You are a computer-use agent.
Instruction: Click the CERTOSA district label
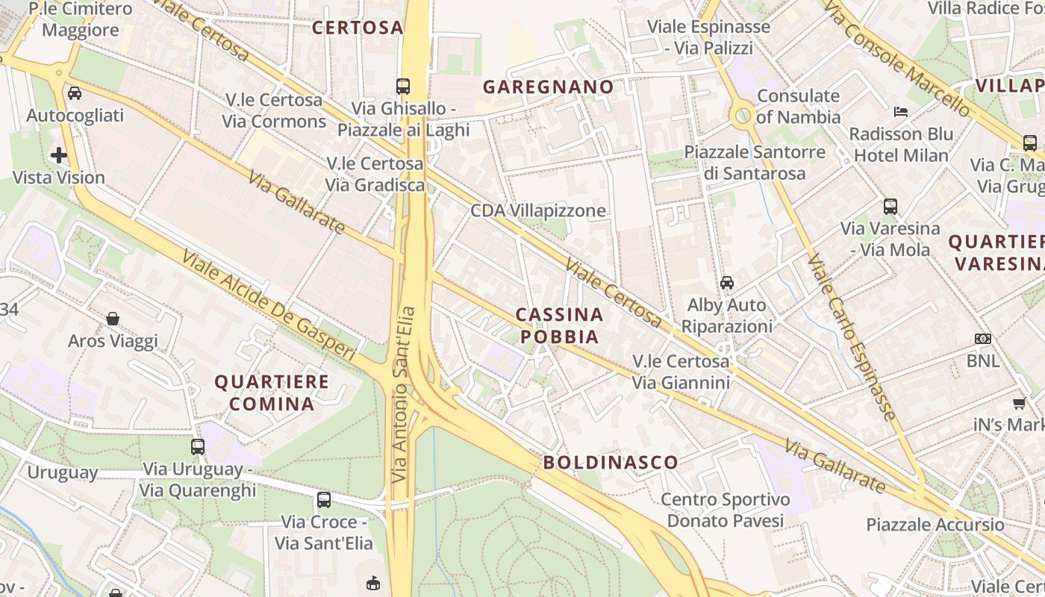click(x=358, y=28)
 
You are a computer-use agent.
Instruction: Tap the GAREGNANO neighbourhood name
click(x=548, y=87)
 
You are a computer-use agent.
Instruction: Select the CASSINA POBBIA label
click(x=559, y=325)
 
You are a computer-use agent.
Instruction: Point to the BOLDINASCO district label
click(x=610, y=462)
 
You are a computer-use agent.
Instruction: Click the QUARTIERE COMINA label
click(x=272, y=393)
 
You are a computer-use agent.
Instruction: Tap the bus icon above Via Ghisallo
click(x=403, y=86)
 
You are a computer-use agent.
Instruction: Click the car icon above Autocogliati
click(x=75, y=93)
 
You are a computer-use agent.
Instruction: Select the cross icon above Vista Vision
click(x=59, y=155)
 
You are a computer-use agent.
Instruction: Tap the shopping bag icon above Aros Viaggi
click(x=113, y=319)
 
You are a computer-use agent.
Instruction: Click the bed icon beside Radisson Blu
click(x=901, y=112)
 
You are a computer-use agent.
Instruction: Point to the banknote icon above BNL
click(x=983, y=339)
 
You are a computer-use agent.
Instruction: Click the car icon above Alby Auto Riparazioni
click(x=726, y=282)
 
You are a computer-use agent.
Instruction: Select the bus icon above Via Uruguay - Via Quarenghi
click(x=198, y=446)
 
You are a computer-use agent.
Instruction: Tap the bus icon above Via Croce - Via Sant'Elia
click(x=324, y=499)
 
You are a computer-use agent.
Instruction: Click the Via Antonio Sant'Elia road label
click(x=404, y=394)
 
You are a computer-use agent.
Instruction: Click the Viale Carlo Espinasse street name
click(x=852, y=337)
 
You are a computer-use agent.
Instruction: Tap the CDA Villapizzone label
click(x=537, y=210)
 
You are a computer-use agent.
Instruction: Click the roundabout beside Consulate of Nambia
click(x=743, y=115)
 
